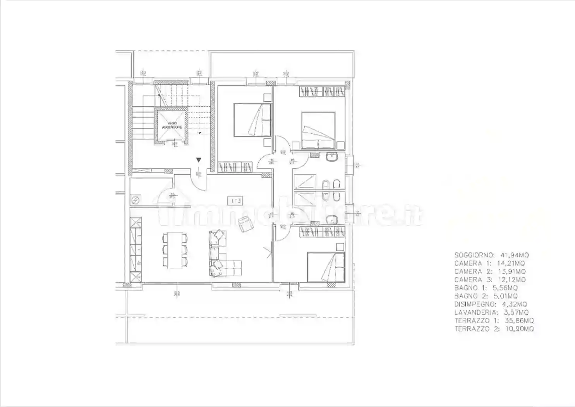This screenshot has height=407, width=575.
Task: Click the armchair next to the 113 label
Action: (x=245, y=224)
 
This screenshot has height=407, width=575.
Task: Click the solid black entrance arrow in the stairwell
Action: (x=199, y=160)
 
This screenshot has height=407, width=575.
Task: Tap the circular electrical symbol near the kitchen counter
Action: (x=136, y=200)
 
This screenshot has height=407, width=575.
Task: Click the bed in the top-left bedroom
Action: (x=252, y=120)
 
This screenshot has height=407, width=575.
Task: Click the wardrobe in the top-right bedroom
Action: (x=322, y=91)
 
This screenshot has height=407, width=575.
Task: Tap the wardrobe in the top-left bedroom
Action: (x=235, y=167)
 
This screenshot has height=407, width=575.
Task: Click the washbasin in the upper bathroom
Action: (x=331, y=158)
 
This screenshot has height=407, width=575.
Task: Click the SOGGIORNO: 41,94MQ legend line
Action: (x=491, y=255)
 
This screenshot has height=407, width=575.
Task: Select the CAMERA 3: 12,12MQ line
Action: (x=490, y=279)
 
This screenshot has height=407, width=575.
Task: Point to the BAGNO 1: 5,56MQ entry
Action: (x=486, y=288)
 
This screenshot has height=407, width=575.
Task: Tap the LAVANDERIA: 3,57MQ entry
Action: (x=491, y=312)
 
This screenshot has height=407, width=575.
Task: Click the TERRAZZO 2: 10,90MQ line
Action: (x=494, y=329)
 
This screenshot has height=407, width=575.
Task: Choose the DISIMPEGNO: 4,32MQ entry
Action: (x=491, y=304)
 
